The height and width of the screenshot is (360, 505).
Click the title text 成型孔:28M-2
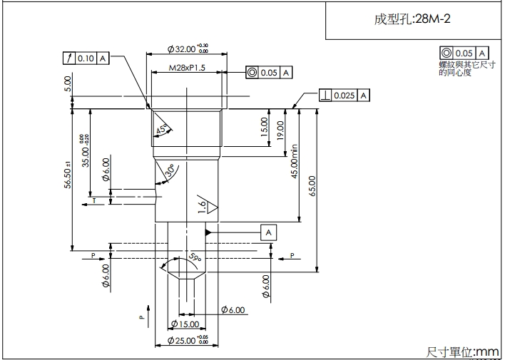412,19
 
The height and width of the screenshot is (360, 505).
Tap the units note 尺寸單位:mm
462,351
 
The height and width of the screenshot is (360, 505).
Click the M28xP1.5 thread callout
187,68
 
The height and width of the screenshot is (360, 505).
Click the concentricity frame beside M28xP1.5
268,72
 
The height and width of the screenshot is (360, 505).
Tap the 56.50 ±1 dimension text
68,175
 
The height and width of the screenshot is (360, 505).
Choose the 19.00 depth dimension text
280,131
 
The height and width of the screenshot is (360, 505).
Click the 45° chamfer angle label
163,129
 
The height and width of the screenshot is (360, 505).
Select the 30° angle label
170,172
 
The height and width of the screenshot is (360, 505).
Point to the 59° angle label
194,257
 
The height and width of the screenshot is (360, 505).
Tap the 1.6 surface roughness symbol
205,206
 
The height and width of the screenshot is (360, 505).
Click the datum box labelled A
269,232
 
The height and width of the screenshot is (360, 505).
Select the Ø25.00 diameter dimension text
188,341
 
